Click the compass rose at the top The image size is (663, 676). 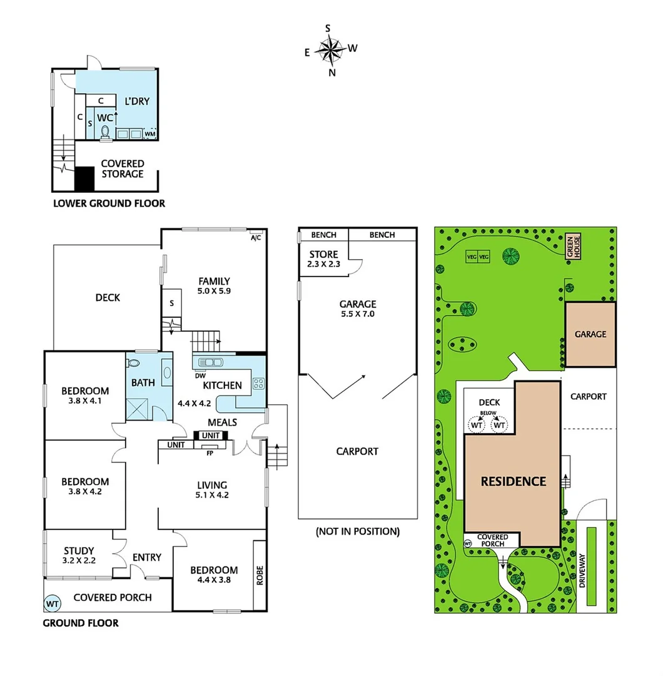click(x=330, y=51)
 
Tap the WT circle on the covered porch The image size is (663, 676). click(x=53, y=604)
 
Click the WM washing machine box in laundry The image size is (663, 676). click(x=150, y=133)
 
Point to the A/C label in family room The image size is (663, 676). click(x=256, y=238)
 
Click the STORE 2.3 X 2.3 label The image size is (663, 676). click(x=324, y=259)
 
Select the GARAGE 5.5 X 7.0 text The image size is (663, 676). click(x=357, y=309)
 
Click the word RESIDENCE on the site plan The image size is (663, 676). click(x=513, y=481)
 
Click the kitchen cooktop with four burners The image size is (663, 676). click(x=258, y=383)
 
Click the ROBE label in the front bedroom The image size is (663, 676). click(x=260, y=574)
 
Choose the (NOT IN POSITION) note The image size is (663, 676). click(x=358, y=531)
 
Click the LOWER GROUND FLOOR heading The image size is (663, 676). click(x=109, y=203)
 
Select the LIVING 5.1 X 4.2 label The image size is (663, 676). click(x=211, y=489)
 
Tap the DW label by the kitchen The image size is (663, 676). click(x=200, y=376)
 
